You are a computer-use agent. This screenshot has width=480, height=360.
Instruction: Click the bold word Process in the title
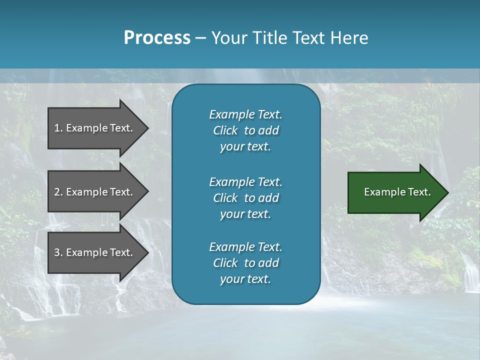click(157, 38)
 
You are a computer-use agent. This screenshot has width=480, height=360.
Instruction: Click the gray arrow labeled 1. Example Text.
click(95, 128)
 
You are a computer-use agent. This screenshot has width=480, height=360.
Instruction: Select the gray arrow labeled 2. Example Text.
click(95, 192)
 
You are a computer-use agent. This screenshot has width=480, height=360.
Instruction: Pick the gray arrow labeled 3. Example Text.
click(95, 252)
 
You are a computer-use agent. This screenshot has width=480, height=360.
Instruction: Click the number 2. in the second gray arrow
click(58, 192)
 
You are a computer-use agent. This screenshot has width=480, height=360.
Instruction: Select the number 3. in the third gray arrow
click(58, 252)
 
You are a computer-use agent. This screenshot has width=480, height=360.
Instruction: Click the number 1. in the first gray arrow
click(58, 128)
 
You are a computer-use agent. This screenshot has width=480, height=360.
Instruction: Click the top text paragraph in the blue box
click(245, 130)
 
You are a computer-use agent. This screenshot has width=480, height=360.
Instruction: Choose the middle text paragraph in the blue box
click(245, 198)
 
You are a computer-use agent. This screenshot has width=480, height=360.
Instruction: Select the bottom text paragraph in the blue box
click(245, 263)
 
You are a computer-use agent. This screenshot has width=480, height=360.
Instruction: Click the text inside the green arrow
click(397, 192)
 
